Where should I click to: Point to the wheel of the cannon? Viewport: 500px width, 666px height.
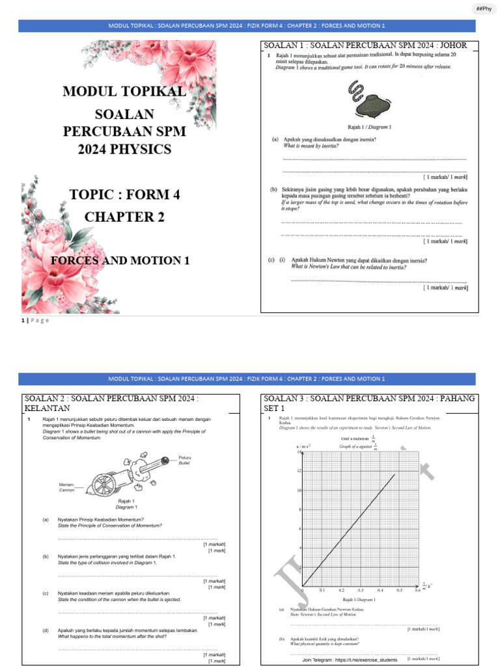104,485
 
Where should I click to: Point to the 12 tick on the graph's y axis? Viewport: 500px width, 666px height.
299,470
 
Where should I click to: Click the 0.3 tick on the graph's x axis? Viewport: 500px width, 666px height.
360,590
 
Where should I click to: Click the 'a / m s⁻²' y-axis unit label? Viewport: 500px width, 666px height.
303,446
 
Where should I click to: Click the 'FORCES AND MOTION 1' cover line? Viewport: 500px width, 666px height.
120,260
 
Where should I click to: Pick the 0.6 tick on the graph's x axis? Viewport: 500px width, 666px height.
417,590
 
